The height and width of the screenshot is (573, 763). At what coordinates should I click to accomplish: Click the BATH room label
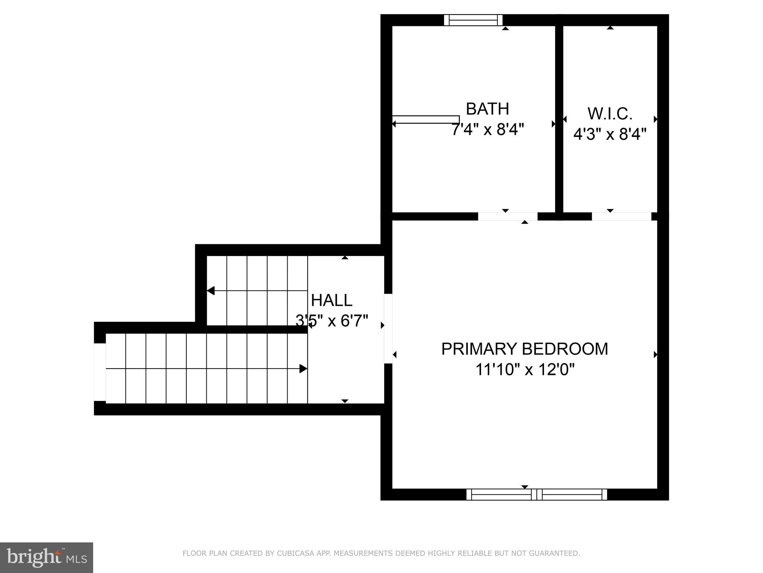point(487,109)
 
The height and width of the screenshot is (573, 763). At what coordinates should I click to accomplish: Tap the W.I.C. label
point(610,114)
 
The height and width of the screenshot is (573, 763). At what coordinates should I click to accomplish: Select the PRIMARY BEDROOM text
point(525,349)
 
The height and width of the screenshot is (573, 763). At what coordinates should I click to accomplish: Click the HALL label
point(332,300)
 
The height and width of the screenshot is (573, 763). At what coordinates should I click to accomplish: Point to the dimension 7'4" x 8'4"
point(487,130)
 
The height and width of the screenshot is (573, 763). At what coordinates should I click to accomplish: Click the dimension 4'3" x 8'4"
point(610,134)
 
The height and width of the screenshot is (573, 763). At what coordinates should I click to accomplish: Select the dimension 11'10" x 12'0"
point(525,370)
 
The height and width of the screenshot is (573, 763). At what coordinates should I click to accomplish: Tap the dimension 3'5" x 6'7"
point(332,320)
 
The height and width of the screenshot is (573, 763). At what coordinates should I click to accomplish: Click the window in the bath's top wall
point(473,20)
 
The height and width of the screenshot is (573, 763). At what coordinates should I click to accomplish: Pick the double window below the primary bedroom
point(536,494)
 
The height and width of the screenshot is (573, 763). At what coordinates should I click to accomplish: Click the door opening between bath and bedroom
point(508,216)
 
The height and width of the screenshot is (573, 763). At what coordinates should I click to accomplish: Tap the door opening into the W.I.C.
point(621,216)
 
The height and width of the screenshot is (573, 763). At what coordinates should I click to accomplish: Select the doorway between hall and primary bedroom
point(388,328)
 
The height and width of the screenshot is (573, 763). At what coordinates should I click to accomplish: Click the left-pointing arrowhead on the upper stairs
point(211,291)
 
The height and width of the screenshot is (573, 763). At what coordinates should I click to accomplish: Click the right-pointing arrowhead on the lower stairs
point(303,369)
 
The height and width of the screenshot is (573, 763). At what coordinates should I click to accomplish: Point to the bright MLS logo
point(46,557)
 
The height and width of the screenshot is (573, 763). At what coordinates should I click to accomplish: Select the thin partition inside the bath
point(425,119)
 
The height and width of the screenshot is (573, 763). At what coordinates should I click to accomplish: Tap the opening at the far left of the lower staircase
point(100,372)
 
